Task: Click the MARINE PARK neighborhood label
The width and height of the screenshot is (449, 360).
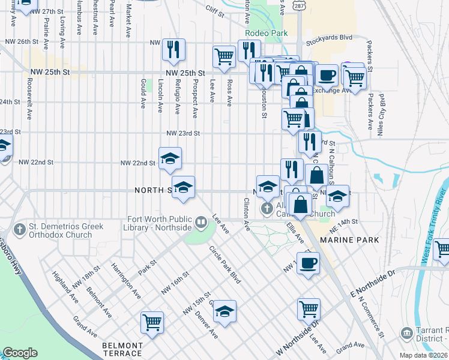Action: pyautogui.click(x=349, y=240)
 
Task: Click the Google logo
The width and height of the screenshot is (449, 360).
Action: pyautogui.click(x=20, y=353)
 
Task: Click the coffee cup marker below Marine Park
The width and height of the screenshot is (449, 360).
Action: pyautogui.click(x=309, y=263)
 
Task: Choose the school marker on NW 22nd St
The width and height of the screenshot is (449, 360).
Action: pyautogui.click(x=170, y=158)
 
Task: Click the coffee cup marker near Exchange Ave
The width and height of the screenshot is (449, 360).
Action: pyautogui.click(x=327, y=76)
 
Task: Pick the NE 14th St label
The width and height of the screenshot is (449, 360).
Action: pyautogui.click(x=346, y=221)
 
